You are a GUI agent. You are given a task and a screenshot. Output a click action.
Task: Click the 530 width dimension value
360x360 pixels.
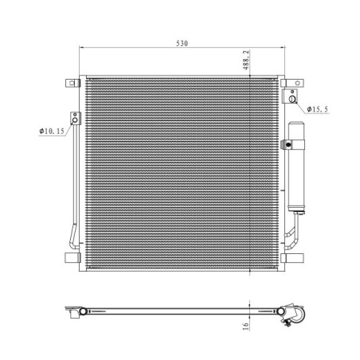(x=182, y=43)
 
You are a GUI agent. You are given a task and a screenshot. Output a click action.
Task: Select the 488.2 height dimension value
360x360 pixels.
(x=246, y=60)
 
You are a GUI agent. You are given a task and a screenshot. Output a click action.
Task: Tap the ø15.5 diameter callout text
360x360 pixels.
(x=317, y=109)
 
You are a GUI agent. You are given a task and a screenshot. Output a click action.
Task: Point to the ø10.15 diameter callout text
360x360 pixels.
(x=52, y=131)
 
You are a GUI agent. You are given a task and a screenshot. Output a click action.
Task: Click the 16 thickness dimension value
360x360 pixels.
(x=246, y=327)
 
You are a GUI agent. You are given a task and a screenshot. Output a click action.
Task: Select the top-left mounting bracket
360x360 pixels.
(x=72, y=83)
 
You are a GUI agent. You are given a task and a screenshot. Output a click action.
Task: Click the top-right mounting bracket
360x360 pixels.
(x=292, y=83)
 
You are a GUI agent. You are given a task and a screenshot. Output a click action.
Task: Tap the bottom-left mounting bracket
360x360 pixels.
(x=72, y=258)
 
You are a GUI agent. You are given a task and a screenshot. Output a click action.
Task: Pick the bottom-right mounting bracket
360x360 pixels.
(x=292, y=258)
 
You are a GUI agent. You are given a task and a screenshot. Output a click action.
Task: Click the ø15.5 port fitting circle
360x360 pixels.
(x=292, y=99)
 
